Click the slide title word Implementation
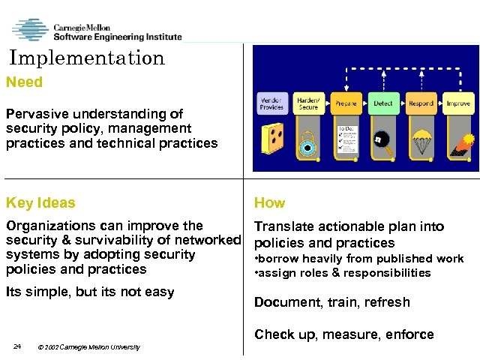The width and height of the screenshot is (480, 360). click(87, 58)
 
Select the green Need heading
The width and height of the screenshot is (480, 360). click(25, 82)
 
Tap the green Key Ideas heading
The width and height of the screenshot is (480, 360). click(40, 202)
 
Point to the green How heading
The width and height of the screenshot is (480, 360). click(269, 202)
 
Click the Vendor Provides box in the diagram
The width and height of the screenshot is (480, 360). click(271, 103)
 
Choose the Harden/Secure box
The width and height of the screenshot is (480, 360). click(308, 103)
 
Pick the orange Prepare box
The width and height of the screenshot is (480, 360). click(346, 103)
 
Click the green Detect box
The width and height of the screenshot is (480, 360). click(382, 103)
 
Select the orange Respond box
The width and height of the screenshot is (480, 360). click(421, 103)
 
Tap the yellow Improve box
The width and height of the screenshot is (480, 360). click(457, 103)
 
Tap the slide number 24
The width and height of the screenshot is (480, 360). click(16, 346)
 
